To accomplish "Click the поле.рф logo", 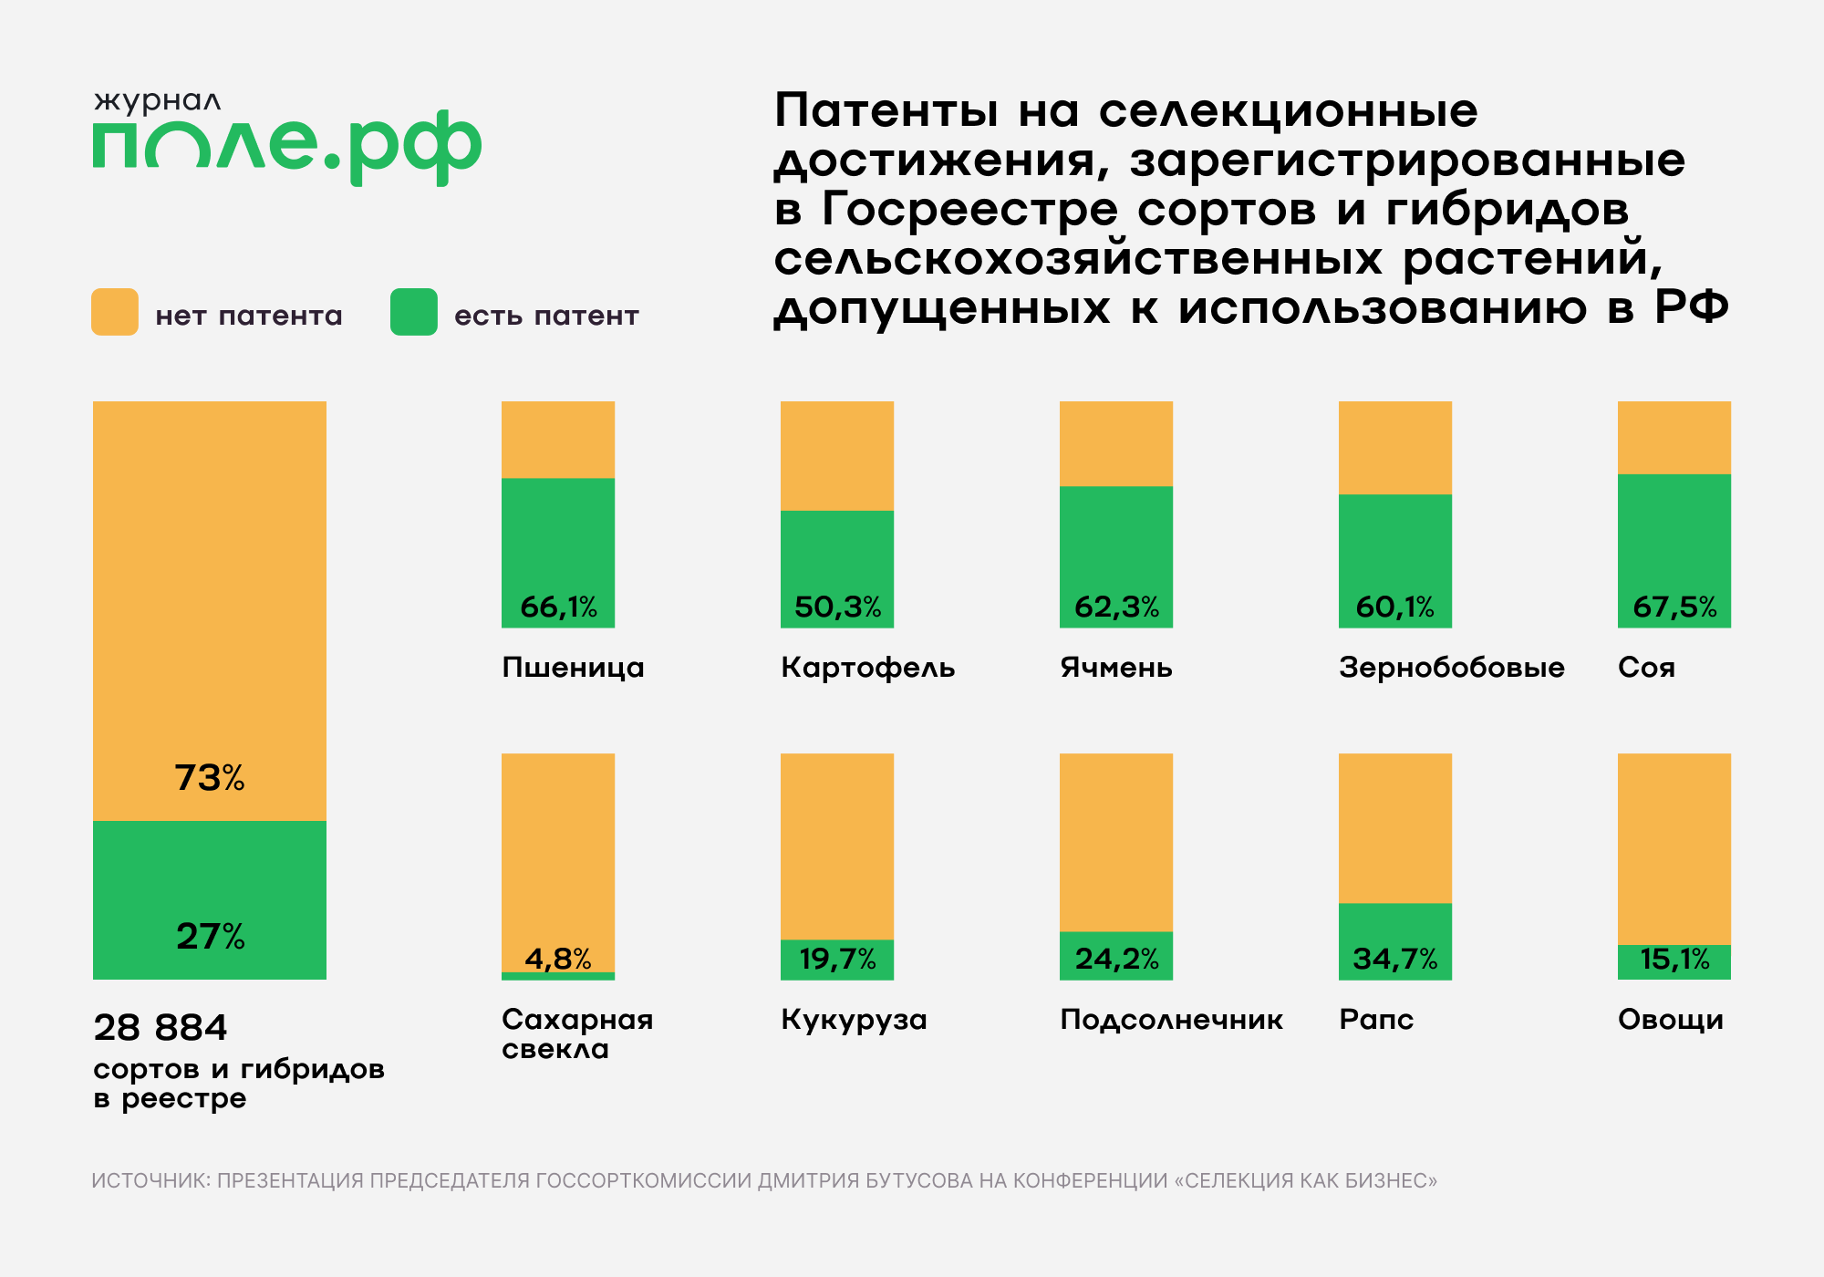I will (x=286, y=146).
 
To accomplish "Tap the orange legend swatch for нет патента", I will (x=115, y=312).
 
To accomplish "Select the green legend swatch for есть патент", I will (x=414, y=312).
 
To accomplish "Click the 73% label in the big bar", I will (x=210, y=778).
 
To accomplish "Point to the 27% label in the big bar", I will (x=210, y=937).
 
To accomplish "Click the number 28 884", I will (x=161, y=1028).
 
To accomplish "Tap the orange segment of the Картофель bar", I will (x=837, y=455).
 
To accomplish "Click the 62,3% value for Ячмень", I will (x=1116, y=607).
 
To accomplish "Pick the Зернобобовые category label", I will (x=1451, y=668).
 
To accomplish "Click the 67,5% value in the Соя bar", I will (x=1674, y=607).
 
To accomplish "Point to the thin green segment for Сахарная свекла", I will (x=558, y=976).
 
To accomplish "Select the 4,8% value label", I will (x=558, y=959).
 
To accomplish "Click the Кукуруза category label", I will (x=854, y=1020).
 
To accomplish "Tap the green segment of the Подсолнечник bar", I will (x=1116, y=955).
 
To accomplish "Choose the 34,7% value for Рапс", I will (x=1395, y=959).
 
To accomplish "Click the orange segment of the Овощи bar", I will (x=1674, y=848).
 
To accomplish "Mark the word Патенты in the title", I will (x=886, y=111).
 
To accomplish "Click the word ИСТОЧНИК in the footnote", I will (x=150, y=1180).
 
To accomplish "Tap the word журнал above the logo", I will (x=158, y=101).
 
